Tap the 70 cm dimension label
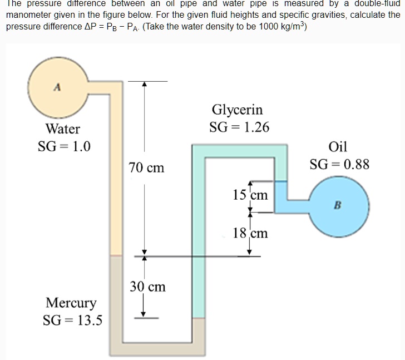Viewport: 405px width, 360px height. pos(146,167)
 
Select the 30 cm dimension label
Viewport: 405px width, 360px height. pos(147,287)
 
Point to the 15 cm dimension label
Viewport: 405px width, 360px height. pos(250,195)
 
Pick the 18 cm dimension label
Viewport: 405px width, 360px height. pos(250,233)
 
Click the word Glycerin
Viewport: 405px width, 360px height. pos(238,110)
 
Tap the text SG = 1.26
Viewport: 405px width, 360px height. pos(239,127)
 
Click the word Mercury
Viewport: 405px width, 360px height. pos(71,303)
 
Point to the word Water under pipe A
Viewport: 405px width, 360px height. pos(63,129)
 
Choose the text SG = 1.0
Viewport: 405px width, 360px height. pos(65,147)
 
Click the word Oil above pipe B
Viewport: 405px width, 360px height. pos(338,147)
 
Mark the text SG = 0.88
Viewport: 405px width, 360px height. pos(339,165)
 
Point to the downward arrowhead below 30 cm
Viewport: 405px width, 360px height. pos(144,312)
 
